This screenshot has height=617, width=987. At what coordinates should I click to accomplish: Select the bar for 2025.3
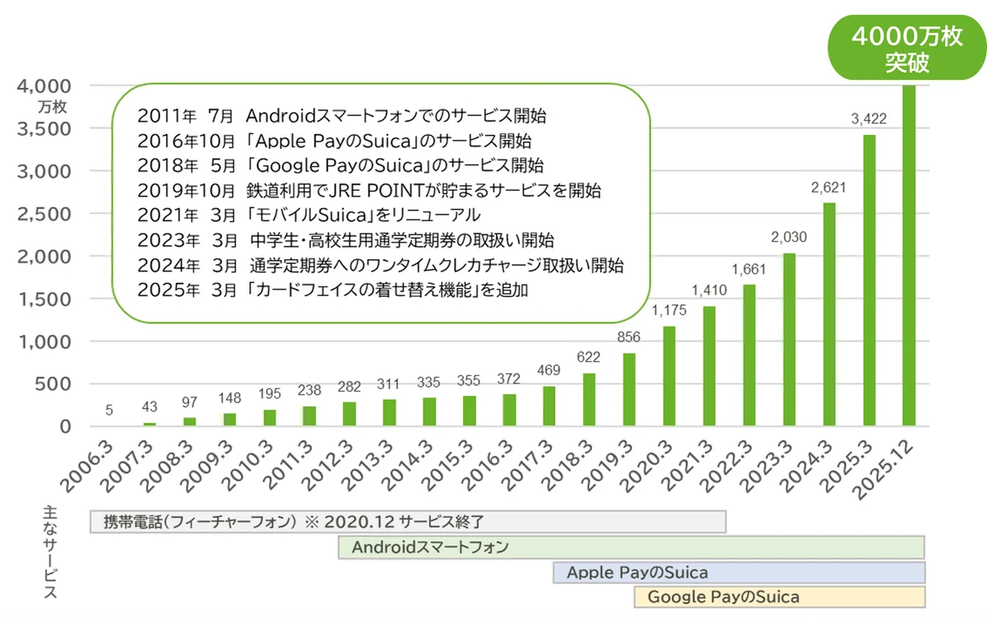[x=869, y=280]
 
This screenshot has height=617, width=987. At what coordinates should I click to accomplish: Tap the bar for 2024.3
[x=829, y=314]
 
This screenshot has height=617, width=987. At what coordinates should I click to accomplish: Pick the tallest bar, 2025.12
[x=909, y=255]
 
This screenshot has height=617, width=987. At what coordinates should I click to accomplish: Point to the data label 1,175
[x=669, y=311]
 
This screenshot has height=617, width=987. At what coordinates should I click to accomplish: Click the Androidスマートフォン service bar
[x=631, y=547]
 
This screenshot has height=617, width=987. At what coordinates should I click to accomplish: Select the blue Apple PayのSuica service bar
[x=739, y=573]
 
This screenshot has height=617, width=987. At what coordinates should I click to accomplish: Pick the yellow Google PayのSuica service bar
[x=779, y=597]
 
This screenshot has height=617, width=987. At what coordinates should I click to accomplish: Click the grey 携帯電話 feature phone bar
[x=407, y=522]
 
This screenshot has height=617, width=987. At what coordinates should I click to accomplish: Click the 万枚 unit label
[x=56, y=107]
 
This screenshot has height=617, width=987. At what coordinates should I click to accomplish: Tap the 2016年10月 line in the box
[x=336, y=139]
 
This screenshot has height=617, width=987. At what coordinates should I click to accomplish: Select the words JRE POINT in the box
[x=376, y=191]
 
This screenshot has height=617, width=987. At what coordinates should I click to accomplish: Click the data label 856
[x=629, y=337]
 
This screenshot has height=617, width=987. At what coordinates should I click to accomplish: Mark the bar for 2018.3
[x=589, y=400]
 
